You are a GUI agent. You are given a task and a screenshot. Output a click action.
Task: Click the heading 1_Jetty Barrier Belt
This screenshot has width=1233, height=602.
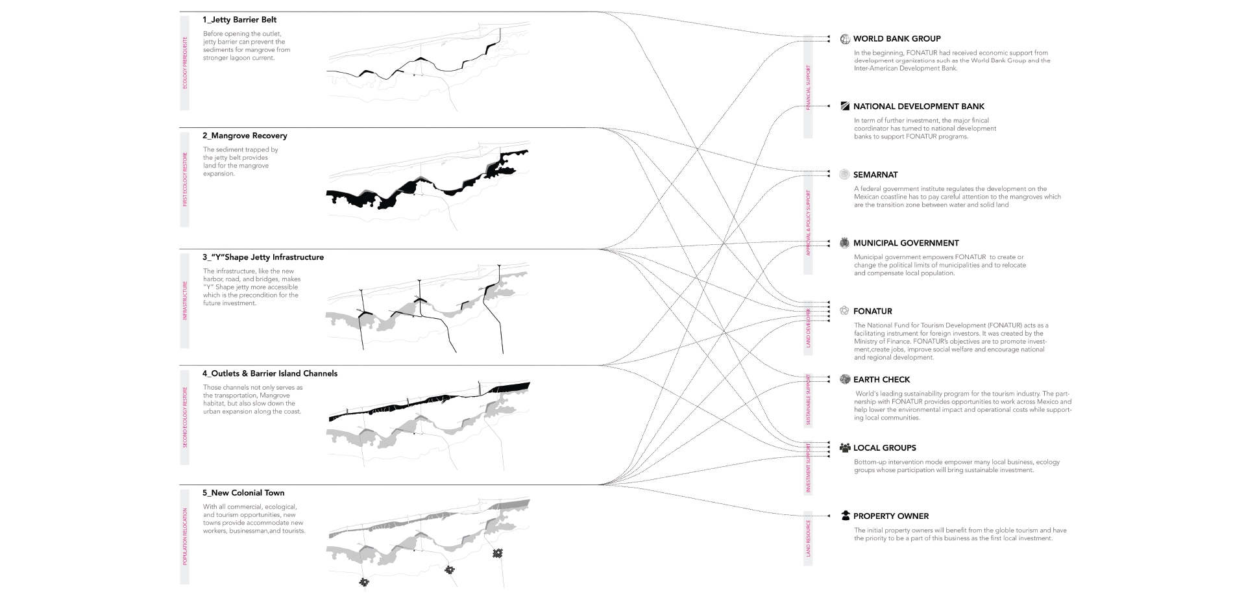(x=239, y=20)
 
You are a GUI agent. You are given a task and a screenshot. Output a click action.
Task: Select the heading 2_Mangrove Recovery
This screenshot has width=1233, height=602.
(x=245, y=136)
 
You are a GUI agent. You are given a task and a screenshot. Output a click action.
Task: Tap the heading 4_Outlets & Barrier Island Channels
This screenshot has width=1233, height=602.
(x=270, y=373)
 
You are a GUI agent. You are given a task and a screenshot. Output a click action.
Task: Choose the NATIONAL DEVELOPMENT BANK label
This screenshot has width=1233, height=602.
(x=918, y=107)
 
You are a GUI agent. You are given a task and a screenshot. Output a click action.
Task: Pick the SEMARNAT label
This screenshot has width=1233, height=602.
(x=875, y=175)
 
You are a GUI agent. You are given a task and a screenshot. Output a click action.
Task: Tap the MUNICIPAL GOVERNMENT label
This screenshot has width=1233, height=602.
(x=906, y=243)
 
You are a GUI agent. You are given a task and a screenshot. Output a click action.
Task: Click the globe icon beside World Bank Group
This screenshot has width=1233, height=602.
(x=845, y=39)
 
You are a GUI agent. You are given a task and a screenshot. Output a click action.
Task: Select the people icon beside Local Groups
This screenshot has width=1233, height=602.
(x=845, y=447)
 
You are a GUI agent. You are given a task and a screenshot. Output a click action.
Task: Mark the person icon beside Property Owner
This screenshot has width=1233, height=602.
(x=845, y=516)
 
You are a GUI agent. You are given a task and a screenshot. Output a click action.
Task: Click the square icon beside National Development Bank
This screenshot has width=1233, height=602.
(x=845, y=106)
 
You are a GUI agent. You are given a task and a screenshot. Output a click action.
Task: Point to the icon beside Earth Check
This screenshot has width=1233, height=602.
(x=845, y=379)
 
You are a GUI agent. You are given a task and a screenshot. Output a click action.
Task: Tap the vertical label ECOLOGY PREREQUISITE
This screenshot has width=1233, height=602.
(x=185, y=63)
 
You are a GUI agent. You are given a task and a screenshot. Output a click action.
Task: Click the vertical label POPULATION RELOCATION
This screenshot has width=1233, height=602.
(x=185, y=536)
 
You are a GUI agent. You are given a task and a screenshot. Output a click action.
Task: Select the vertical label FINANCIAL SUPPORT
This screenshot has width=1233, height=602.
(x=808, y=87)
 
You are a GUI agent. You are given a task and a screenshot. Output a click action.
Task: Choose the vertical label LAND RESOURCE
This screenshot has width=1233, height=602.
(x=808, y=538)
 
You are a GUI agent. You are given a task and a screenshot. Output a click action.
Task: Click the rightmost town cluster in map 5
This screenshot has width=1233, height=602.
(x=498, y=553)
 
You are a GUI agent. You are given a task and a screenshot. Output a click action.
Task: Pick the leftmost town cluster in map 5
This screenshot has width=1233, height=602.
(x=364, y=583)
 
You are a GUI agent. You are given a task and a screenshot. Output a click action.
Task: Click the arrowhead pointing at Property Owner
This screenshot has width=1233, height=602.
(x=829, y=516)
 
